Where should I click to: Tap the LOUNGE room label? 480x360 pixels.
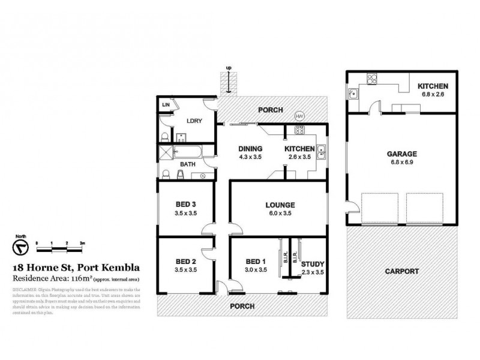point(280,205)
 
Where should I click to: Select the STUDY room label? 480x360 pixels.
point(312,263)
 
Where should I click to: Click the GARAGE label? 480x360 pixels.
point(401,154)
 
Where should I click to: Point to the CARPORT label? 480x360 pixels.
point(401,271)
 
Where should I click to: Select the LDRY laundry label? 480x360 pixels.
point(194,121)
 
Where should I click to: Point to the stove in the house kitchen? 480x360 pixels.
point(298,131)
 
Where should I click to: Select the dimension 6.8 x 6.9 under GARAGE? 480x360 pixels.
point(401,163)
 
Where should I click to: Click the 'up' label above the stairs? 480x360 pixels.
point(228,67)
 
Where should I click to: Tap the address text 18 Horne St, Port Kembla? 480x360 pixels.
point(77,268)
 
